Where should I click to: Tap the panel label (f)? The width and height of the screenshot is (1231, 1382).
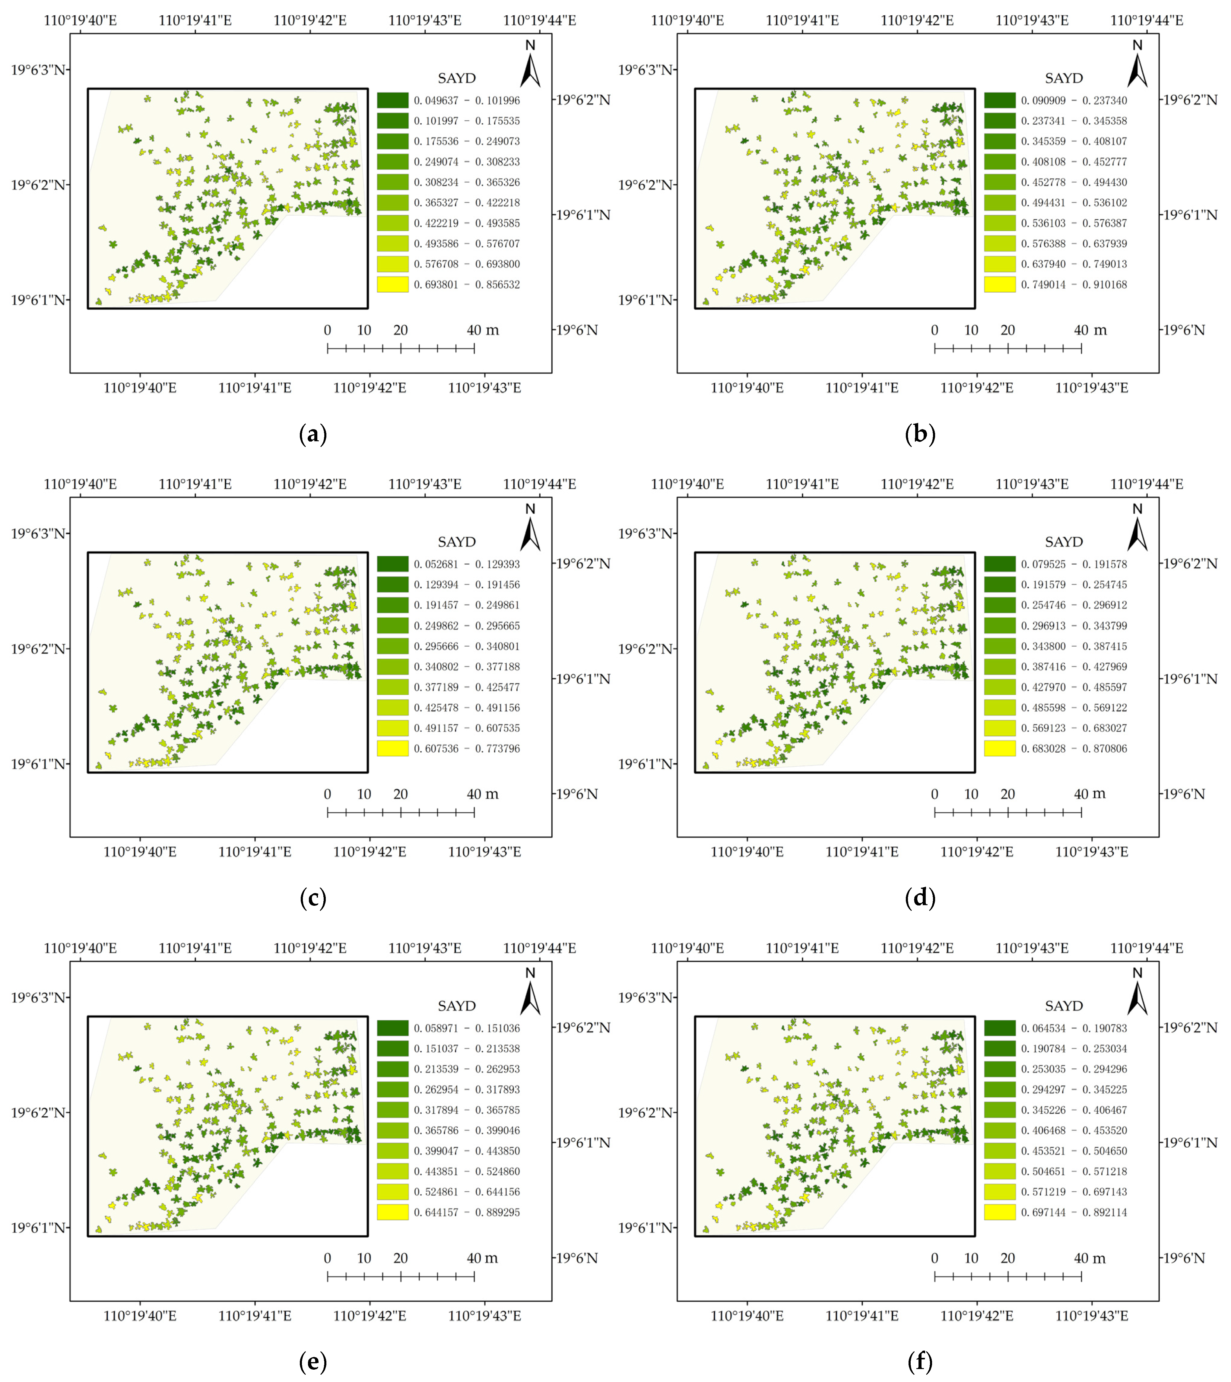[920, 1362]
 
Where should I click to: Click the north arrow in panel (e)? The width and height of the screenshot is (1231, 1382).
[530, 993]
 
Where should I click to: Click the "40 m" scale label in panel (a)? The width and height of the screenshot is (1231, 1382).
[482, 330]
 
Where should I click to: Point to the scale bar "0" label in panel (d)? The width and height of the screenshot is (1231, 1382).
[935, 794]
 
